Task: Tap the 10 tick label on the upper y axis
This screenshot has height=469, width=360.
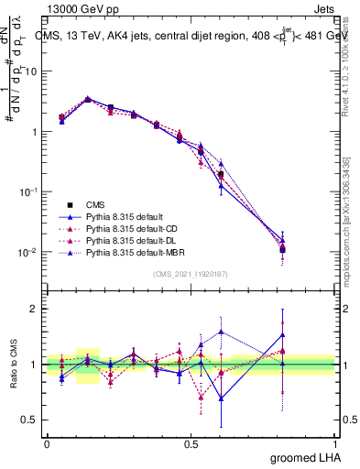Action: [30, 71]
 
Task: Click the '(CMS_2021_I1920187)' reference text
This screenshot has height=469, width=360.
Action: [191, 274]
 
